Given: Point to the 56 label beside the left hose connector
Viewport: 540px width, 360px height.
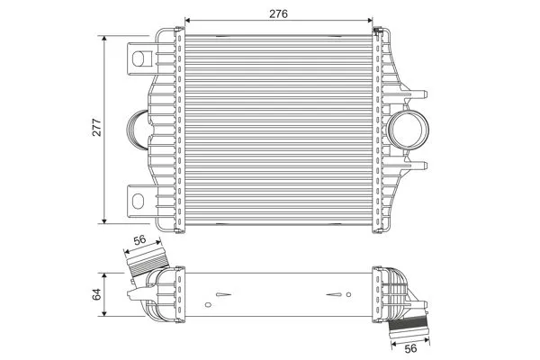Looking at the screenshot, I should tap(140, 239).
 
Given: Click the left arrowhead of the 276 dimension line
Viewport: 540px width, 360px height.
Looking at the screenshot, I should tap(186, 19).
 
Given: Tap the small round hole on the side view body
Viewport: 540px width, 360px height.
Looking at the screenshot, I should tap(219, 293).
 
